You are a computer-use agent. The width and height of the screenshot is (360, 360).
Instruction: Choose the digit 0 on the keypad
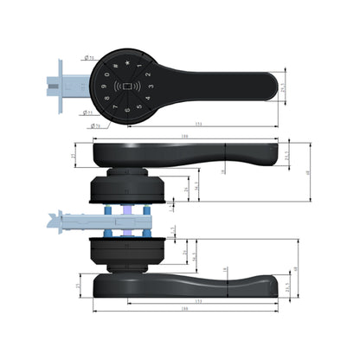coord(108,72)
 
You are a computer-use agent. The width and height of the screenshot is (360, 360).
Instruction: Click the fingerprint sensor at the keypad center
coord(128,87)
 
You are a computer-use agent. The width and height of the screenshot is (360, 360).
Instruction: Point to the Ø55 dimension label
coord(90,59)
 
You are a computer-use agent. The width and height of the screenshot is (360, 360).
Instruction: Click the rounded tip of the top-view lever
coord(270,87)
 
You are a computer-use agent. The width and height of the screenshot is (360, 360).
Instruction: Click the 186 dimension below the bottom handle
coord(184,308)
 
